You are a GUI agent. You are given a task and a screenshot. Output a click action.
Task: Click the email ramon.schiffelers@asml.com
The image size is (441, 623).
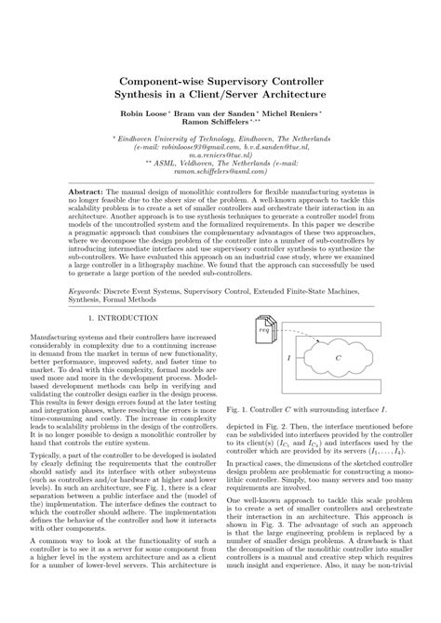pyautogui.click(x=220, y=171)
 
